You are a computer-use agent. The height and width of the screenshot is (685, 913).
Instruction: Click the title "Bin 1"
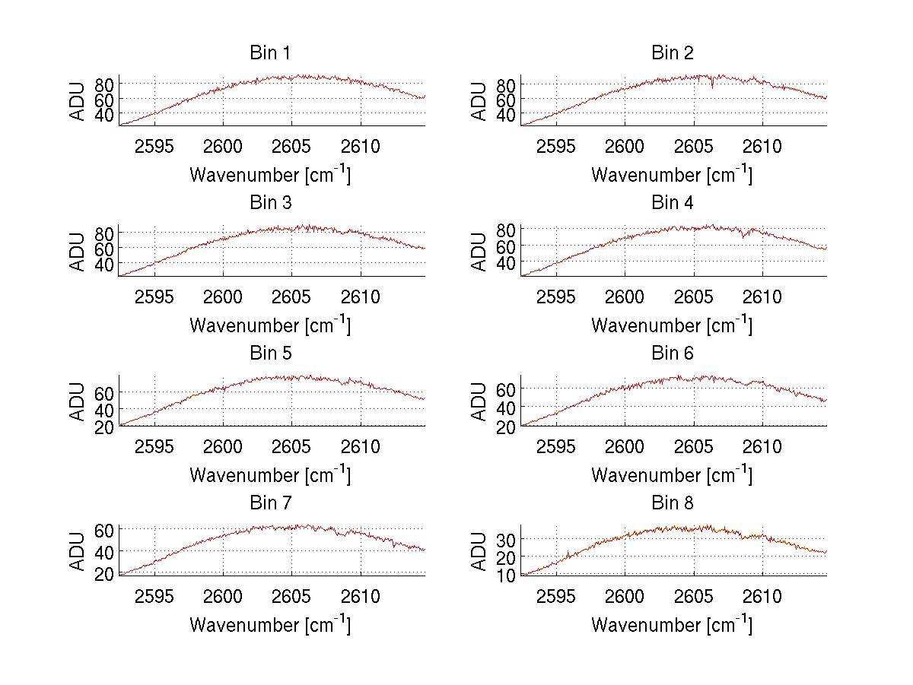(x=270, y=53)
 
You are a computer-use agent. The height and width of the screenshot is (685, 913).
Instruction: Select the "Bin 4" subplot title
(x=673, y=203)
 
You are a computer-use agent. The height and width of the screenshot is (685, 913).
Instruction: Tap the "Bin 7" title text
(x=270, y=503)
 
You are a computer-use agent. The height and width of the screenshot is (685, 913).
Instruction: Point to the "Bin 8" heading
(x=673, y=503)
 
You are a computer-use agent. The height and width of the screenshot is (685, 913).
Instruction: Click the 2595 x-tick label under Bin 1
(x=154, y=146)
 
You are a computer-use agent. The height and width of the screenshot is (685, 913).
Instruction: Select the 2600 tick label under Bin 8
(x=625, y=596)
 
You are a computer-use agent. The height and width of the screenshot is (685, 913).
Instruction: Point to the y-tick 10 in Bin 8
(x=507, y=575)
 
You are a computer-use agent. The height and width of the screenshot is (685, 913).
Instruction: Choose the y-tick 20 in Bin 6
(x=507, y=427)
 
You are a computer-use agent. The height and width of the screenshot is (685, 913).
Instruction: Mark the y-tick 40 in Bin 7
(x=104, y=550)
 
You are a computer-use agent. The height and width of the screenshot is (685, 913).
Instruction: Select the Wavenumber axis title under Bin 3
(x=270, y=325)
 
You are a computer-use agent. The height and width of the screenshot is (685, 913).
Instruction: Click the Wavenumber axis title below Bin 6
(x=673, y=474)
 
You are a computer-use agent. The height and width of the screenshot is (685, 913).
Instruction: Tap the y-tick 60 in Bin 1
(x=104, y=99)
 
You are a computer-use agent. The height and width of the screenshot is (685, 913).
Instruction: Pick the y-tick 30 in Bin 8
(x=507, y=538)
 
